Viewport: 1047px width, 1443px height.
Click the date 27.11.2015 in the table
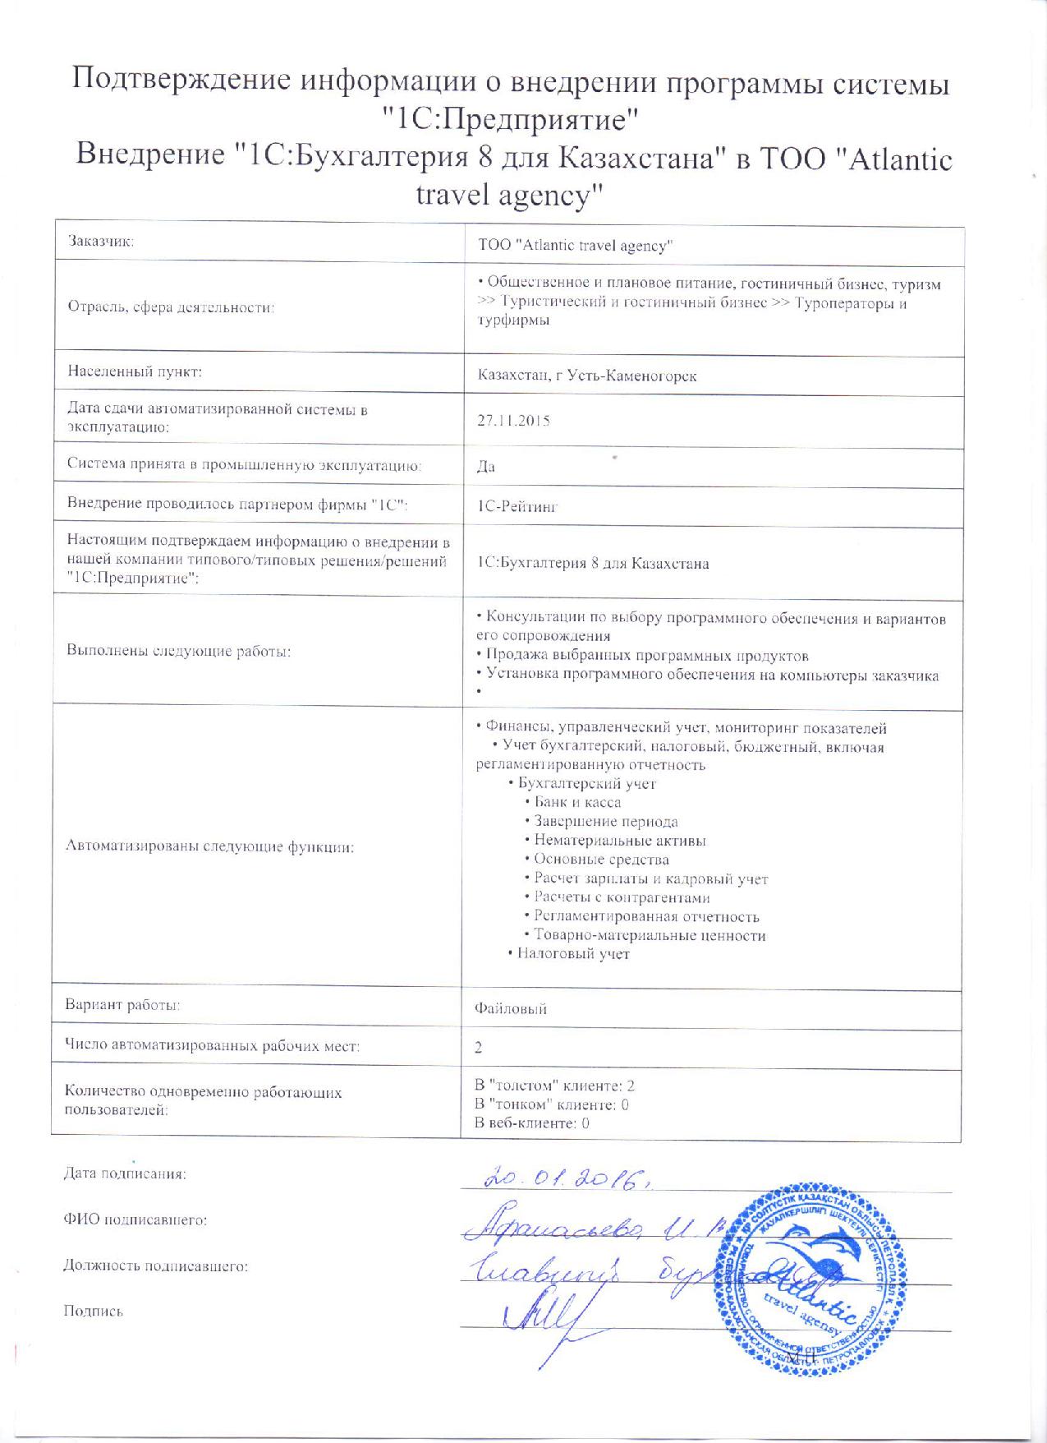[513, 421]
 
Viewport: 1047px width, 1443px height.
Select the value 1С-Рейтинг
[517, 507]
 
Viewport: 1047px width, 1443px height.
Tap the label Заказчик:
[101, 242]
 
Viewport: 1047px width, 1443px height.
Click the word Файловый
[511, 1008]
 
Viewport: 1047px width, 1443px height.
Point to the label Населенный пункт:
[135, 371]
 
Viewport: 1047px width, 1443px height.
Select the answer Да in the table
[486, 467]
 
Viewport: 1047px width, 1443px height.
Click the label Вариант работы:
[122, 1004]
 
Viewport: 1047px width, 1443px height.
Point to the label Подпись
[93, 1312]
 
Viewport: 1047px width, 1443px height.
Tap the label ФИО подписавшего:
[135, 1220]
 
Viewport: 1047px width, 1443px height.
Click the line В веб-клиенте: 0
[532, 1123]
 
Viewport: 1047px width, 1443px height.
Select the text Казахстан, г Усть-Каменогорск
[587, 376]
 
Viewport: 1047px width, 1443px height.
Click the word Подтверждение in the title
[181, 82]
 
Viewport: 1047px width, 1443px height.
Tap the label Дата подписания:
[125, 1174]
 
